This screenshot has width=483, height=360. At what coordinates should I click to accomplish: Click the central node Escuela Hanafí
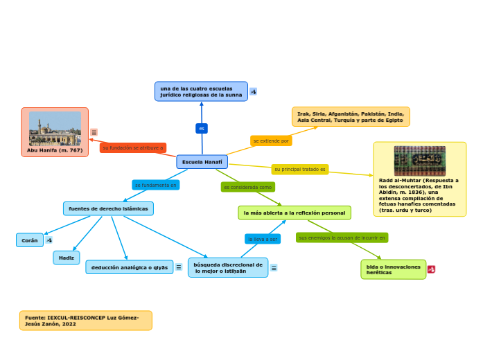[x=202, y=162]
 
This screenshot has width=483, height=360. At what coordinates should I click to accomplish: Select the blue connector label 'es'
[x=202, y=128]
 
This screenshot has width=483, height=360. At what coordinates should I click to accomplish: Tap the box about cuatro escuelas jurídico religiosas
[x=201, y=91]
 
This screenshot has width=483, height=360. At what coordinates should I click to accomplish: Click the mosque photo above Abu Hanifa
[x=55, y=128]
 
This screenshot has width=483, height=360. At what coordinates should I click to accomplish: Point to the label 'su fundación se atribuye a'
[x=133, y=147]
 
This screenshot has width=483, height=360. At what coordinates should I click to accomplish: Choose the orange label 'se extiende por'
[x=271, y=141]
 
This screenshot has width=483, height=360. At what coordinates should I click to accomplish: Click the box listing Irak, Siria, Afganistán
[x=351, y=116]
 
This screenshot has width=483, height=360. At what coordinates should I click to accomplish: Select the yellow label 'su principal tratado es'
[x=299, y=169]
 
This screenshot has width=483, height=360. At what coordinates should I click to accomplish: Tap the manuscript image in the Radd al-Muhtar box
[x=419, y=161]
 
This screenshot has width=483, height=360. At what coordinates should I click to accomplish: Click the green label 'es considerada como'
[x=247, y=187]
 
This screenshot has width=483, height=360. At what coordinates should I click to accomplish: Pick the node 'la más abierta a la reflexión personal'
[x=294, y=213]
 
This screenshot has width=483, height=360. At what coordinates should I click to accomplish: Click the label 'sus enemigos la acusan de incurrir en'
[x=342, y=237]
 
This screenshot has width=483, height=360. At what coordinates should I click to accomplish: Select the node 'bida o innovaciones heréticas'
[x=393, y=269]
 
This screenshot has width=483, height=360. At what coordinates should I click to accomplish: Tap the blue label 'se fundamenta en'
[x=156, y=185]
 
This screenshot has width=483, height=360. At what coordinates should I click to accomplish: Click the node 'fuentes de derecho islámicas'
[x=108, y=208]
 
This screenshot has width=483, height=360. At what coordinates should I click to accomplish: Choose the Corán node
[x=30, y=240]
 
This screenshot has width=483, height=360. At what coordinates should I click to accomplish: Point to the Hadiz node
[x=67, y=258]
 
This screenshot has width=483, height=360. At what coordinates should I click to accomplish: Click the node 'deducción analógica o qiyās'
[x=129, y=267]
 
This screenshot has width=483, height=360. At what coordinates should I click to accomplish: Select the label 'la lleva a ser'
[x=263, y=239]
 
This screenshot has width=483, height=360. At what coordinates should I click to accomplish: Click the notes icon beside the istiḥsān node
[x=274, y=267]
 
